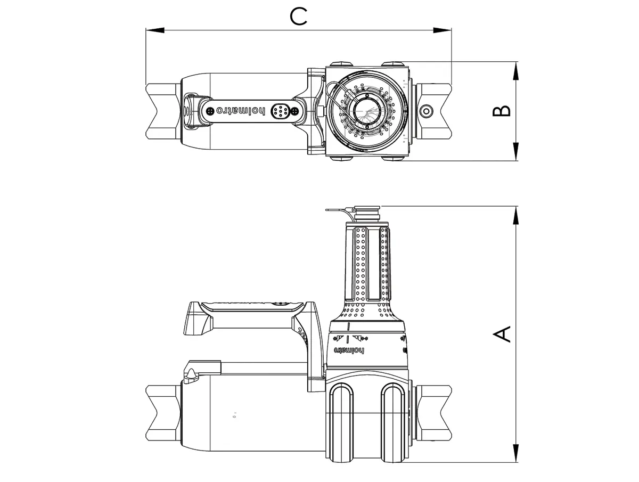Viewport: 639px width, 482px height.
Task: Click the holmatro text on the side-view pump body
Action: [349, 350]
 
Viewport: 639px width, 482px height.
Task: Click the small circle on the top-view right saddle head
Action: [425, 111]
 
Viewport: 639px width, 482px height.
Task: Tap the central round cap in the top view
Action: [366, 111]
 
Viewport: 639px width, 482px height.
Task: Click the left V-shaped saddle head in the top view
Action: [162, 111]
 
